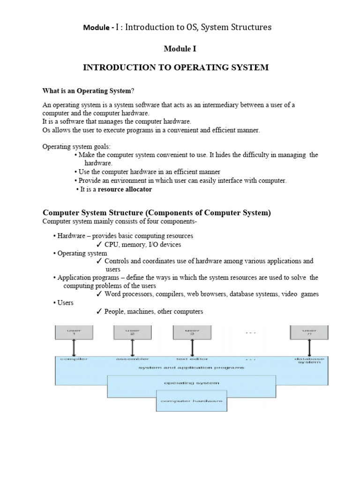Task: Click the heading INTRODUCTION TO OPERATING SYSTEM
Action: point(176,67)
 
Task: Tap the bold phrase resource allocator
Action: point(125,189)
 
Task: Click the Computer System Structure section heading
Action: point(157,213)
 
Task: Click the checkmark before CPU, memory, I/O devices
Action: point(99,245)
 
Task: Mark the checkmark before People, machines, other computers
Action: point(99,312)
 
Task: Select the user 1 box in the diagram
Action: point(73,332)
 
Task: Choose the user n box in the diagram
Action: point(309,332)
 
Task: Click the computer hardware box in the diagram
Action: point(191,401)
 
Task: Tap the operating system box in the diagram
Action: point(191,383)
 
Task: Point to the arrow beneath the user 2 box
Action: point(133,348)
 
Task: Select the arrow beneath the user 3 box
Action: point(192,348)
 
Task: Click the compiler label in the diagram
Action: point(73,359)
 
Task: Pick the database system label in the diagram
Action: point(308,360)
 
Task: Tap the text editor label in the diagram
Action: point(191,359)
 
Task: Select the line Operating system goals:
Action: point(77,146)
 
